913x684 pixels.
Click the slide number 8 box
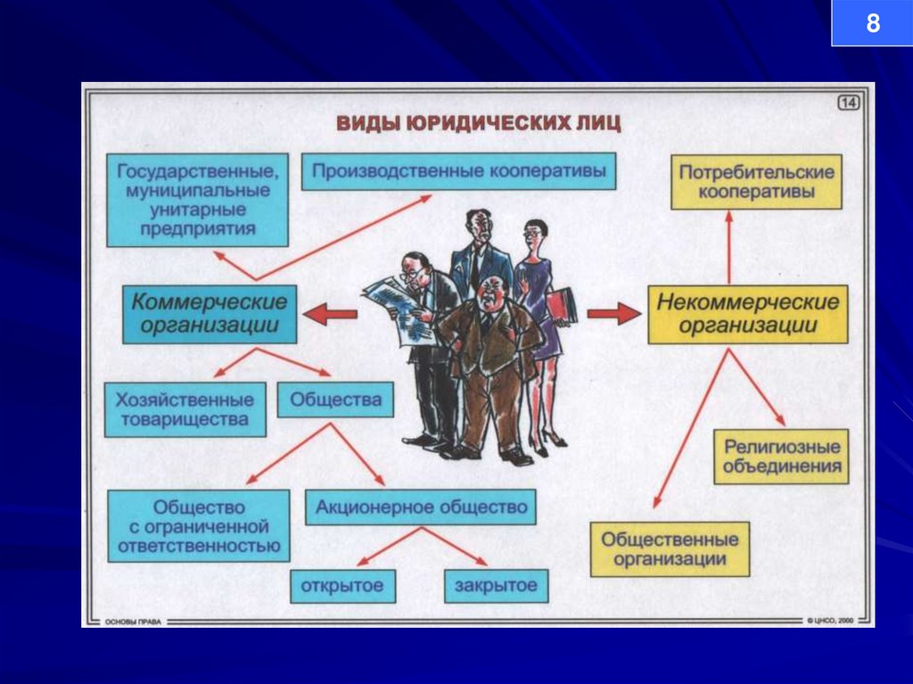[x=872, y=23]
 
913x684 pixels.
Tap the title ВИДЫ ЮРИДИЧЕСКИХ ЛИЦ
[x=478, y=123]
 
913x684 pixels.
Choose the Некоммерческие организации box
[x=747, y=314]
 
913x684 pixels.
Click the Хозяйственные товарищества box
[x=185, y=409]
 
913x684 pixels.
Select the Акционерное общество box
[x=421, y=507]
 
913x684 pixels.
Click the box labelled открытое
[x=342, y=586]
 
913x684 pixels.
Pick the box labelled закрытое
[x=496, y=586]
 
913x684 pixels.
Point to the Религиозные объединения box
[x=781, y=457]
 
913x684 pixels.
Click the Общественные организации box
[x=670, y=549]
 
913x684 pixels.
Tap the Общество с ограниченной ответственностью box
[x=199, y=525]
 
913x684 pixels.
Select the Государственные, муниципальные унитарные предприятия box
[x=197, y=200]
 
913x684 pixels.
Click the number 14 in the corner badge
[x=848, y=103]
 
